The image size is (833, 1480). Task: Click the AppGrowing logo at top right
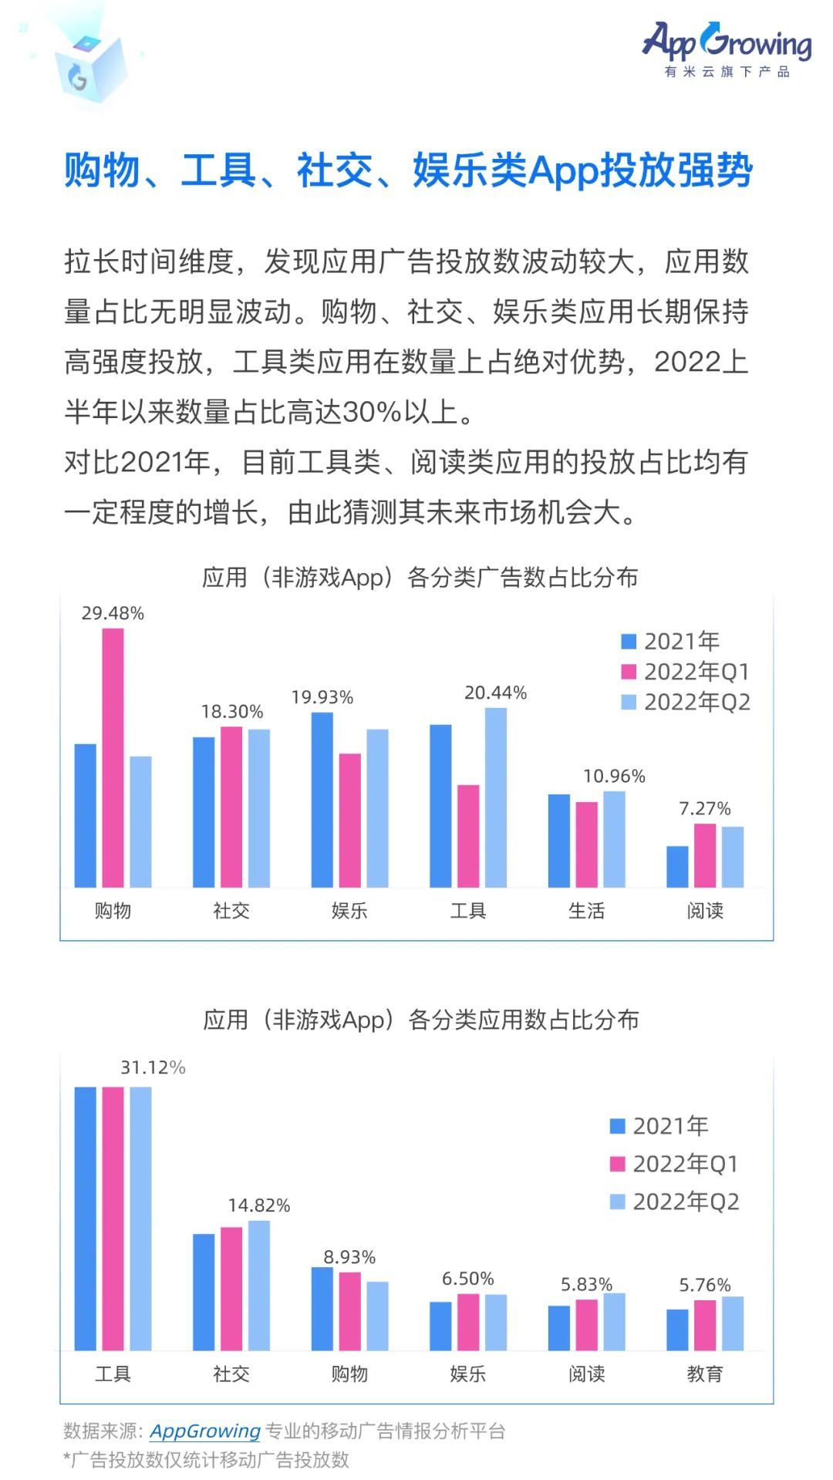(727, 48)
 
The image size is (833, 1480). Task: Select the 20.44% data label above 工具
(495, 693)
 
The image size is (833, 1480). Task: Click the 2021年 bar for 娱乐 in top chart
(322, 799)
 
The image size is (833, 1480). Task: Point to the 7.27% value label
(704, 808)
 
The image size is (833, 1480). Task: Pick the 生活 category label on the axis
(586, 911)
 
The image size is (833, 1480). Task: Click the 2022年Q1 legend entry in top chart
(685, 671)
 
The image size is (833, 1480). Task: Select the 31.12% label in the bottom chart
(153, 1067)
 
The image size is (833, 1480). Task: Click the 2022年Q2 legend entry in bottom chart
(674, 1201)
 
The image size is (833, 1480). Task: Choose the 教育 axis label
(704, 1374)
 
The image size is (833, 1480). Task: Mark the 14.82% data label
(258, 1205)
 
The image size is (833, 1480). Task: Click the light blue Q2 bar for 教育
(733, 1323)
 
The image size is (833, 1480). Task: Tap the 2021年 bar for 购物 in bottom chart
(322, 1309)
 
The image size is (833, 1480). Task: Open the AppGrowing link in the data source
(204, 1431)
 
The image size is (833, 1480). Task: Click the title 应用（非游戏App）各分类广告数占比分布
(420, 577)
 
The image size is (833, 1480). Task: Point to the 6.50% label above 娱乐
(467, 1279)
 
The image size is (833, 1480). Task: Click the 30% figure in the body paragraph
(372, 412)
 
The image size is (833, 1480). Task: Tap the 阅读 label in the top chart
(704, 911)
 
